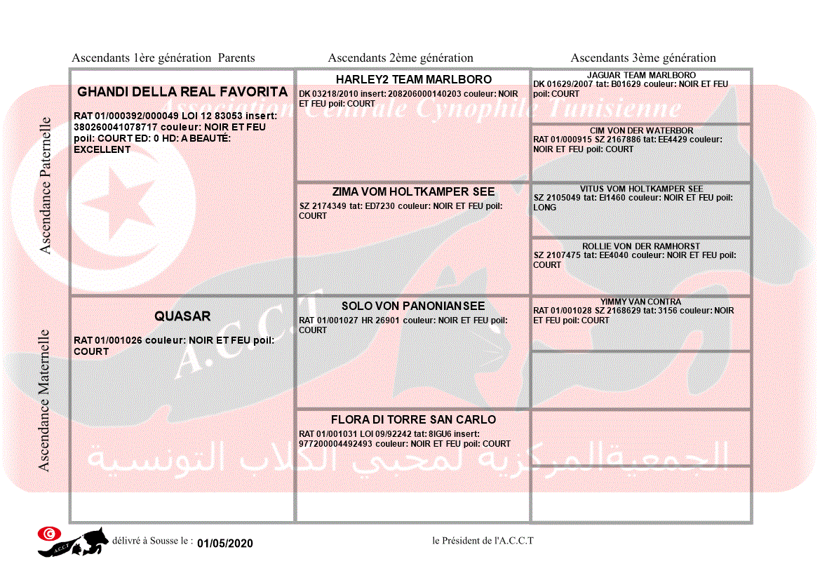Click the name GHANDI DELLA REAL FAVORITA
pos(182,92)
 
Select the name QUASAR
pos(182,316)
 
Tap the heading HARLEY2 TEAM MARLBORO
pos(413,79)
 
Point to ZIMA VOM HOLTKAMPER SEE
pos(413,191)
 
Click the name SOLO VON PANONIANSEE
pos(413,306)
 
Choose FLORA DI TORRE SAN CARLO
pos(413,419)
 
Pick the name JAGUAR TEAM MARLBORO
pos(641,75)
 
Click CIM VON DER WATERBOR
pos(641,130)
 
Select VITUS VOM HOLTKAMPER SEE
pos(641,189)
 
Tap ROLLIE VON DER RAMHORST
pos(641,247)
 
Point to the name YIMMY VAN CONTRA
pos(640,302)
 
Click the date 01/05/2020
pos(224,544)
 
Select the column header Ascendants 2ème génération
pos(401,58)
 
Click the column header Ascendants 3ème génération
pos(643,58)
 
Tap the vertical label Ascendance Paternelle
pos(46,185)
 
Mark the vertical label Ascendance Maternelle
pos(44,400)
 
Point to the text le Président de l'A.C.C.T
pos(483,541)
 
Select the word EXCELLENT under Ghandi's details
pos(102,150)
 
